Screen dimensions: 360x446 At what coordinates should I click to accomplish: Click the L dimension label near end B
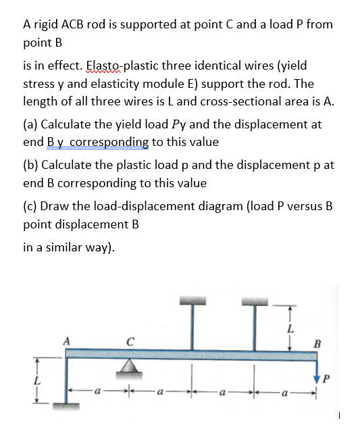tap(291, 328)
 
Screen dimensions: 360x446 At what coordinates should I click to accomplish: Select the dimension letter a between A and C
tap(99, 391)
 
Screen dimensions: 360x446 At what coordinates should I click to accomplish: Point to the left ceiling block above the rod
tap(192, 299)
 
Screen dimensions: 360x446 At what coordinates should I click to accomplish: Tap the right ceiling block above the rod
tap(255, 299)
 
